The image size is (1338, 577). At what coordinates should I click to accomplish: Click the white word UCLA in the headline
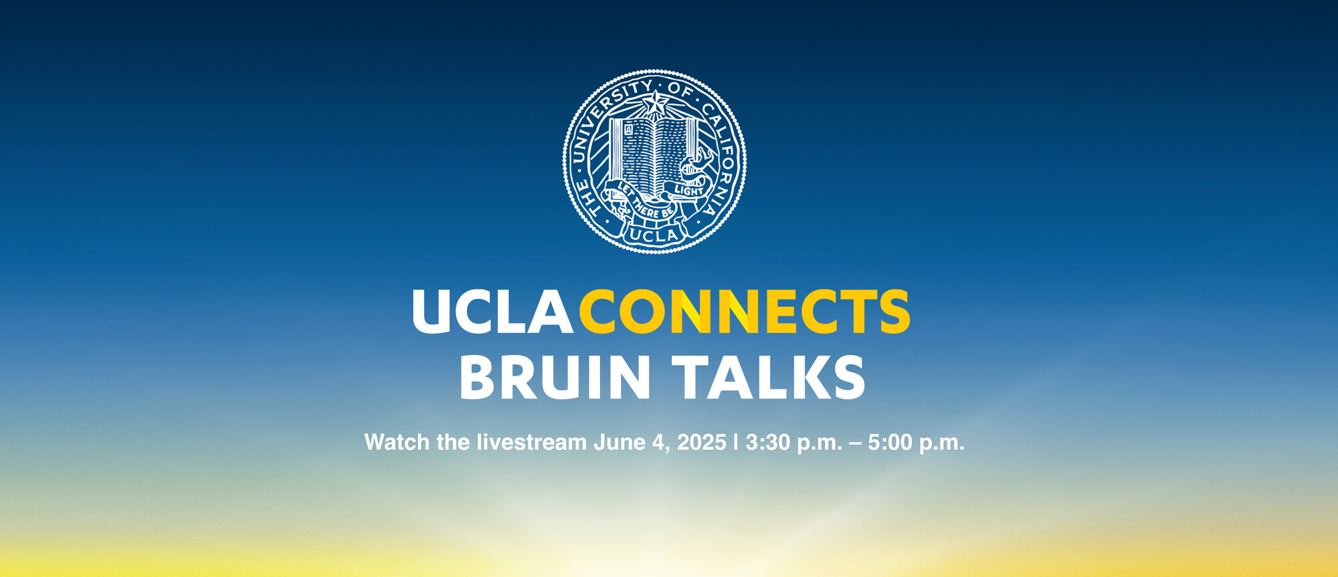click(x=492, y=312)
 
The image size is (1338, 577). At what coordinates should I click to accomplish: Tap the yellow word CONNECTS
click(x=745, y=312)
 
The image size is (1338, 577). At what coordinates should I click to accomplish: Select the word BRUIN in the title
click(x=555, y=377)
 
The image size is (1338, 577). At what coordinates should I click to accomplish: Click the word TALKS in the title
click(x=769, y=377)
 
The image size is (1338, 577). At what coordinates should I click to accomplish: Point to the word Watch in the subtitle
click(x=397, y=442)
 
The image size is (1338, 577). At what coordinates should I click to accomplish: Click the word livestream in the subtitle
click(x=531, y=442)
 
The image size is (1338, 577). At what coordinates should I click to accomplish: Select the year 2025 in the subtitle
click(x=702, y=442)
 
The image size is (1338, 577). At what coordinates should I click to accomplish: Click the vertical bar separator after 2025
click(x=736, y=442)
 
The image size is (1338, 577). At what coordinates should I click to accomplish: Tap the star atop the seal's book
click(x=655, y=104)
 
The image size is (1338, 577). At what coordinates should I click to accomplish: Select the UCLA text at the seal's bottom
click(x=654, y=235)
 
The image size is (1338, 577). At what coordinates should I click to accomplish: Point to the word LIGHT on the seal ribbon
click(x=688, y=191)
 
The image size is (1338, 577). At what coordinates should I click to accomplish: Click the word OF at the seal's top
click(x=680, y=89)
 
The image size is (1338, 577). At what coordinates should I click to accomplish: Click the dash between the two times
click(x=855, y=443)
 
